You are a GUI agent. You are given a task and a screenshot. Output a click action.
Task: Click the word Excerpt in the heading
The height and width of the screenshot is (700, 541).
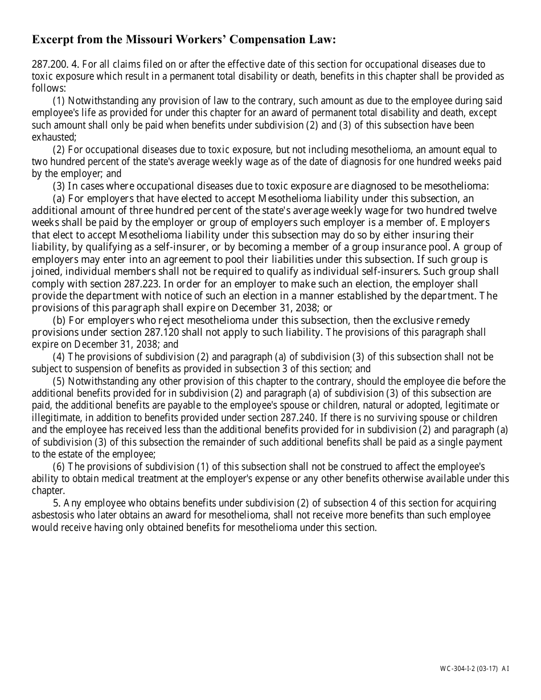[x=52, y=40]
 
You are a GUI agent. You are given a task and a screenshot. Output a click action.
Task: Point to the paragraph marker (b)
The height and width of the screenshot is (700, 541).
[x=59, y=320]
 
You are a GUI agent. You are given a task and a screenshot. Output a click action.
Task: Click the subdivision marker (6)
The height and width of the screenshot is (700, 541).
[x=59, y=466]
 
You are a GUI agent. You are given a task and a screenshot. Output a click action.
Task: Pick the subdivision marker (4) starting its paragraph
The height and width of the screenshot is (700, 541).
[x=59, y=357]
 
